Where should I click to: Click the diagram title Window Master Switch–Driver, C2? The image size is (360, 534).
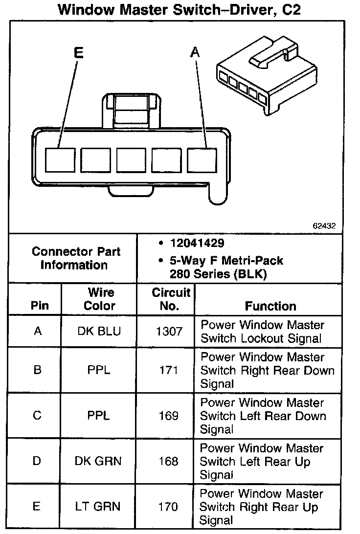pyautogui.click(x=179, y=9)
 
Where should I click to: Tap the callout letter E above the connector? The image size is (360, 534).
pyautogui.click(x=78, y=53)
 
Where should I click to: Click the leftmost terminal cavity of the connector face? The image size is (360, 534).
pyautogui.click(x=60, y=160)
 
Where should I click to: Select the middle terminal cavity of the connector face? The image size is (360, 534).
pyautogui.click(x=131, y=160)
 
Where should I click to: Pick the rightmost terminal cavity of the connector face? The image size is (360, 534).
pyautogui.click(x=202, y=160)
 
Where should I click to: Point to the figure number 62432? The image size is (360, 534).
pyautogui.click(x=325, y=226)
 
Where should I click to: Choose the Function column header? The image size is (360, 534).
pyautogui.click(x=270, y=306)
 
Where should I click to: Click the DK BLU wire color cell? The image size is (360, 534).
pyautogui.click(x=99, y=332)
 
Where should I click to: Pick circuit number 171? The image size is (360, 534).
pyautogui.click(x=168, y=370)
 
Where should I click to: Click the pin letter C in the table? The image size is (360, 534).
pyautogui.click(x=37, y=416)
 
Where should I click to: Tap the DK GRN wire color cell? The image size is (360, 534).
pyautogui.click(x=98, y=461)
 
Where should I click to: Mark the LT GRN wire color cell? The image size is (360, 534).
pyautogui.click(x=98, y=507)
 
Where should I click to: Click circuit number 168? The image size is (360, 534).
pyautogui.click(x=168, y=461)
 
